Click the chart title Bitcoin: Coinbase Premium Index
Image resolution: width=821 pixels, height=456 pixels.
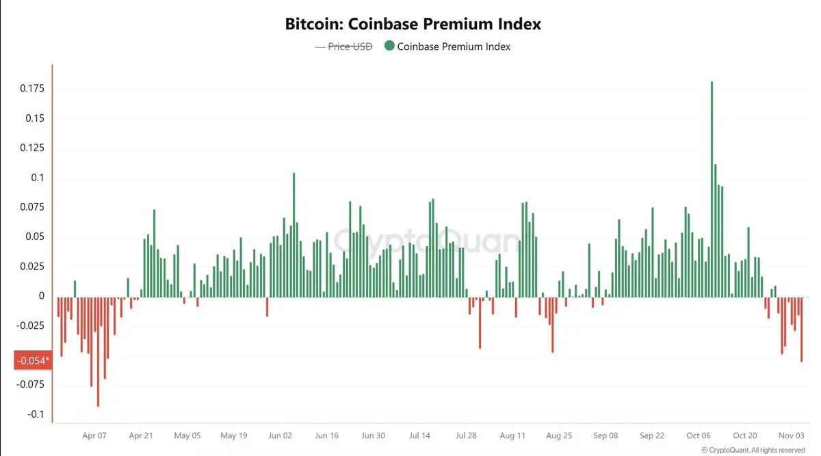tap(413, 24)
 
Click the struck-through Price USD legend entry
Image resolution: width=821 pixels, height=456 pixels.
tap(343, 46)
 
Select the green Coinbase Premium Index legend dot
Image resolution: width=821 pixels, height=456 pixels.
tap(389, 46)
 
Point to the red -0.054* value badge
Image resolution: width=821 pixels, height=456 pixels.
tap(32, 360)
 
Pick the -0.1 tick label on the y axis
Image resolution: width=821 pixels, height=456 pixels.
tap(36, 414)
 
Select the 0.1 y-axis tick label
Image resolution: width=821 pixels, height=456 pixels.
tap(38, 178)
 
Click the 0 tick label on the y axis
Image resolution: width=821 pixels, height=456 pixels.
tap(42, 296)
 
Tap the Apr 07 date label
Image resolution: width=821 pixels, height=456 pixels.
tap(94, 435)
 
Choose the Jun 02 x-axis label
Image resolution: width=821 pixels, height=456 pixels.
tap(281, 435)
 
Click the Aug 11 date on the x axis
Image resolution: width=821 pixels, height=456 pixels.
tap(512, 435)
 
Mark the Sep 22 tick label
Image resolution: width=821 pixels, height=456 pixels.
tap(652, 435)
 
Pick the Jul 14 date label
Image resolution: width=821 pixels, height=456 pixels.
tap(419, 435)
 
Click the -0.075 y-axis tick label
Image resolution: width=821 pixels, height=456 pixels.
tap(31, 384)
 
